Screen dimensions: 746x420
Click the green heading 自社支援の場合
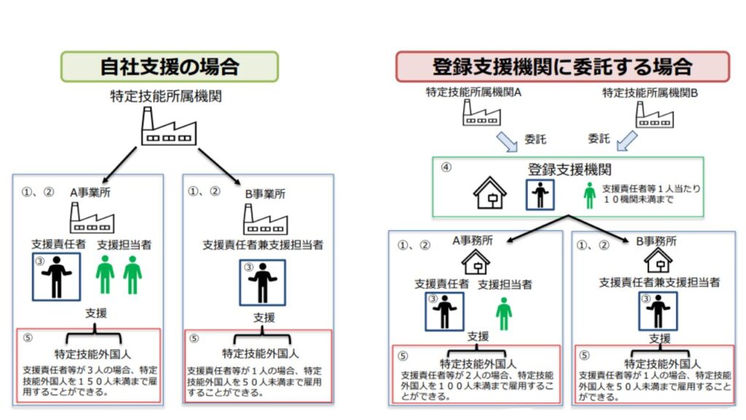[x=169, y=66]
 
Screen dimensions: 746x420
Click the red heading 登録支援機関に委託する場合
[x=562, y=66]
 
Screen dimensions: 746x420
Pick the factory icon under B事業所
[x=265, y=219]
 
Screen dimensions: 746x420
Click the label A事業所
[x=90, y=192]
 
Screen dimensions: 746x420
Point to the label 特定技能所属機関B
[x=650, y=93]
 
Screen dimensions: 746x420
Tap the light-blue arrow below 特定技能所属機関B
[x=627, y=141]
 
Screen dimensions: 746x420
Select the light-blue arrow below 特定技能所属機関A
[x=507, y=141]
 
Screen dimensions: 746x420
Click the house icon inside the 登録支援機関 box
[x=490, y=192]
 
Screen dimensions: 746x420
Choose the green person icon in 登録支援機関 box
[x=589, y=195]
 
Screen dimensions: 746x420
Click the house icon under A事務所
[x=475, y=262]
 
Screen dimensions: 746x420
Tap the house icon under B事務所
[x=658, y=260]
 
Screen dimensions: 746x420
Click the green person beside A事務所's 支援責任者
[x=504, y=314]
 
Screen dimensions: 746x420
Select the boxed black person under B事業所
[x=262, y=282]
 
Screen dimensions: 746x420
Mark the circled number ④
[x=447, y=167]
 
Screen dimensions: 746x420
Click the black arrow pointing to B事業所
[x=219, y=166]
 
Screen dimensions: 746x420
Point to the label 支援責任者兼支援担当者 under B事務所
[x=659, y=282]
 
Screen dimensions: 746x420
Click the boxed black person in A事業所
[x=56, y=276]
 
